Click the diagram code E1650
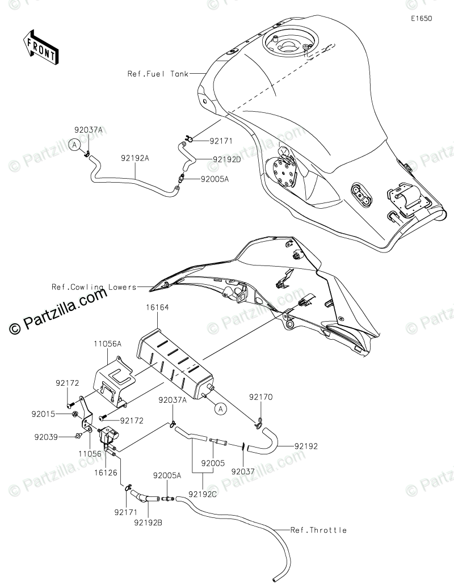tap(422, 18)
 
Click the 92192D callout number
tap(226, 159)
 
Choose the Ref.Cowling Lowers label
tap(94, 287)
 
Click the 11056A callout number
tap(108, 344)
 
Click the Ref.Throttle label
tap(318, 530)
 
